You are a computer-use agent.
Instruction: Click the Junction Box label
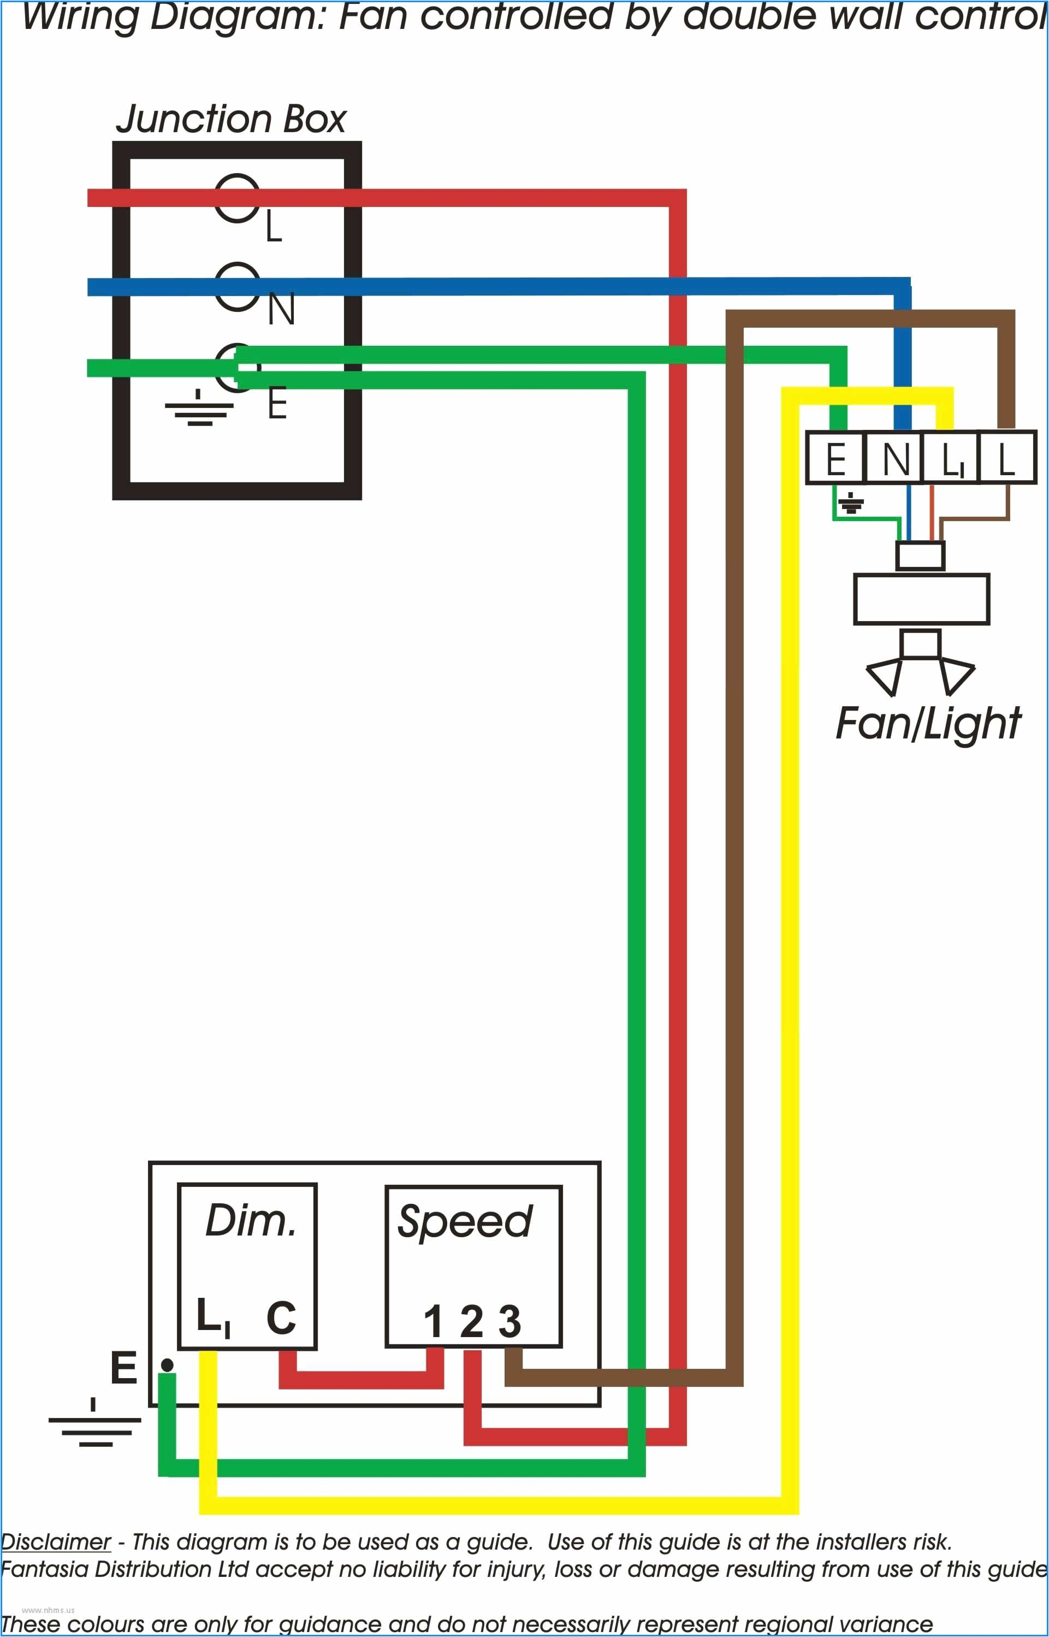coord(231,119)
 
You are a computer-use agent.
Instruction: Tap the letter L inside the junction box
coord(274,226)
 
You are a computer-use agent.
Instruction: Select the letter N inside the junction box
coord(281,309)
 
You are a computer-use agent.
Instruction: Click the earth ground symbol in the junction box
coord(198,408)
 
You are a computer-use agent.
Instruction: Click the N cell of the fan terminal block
coord(895,458)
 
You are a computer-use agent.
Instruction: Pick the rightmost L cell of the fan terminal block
coord(1007,458)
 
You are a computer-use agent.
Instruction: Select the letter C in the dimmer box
coord(281,1317)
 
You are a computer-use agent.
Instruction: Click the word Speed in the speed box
coord(465,1221)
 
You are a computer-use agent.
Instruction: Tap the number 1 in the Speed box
coord(433,1322)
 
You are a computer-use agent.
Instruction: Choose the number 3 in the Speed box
coord(509,1322)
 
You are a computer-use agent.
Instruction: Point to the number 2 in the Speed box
coord(471,1322)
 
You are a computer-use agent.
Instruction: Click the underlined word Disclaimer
coord(56,1541)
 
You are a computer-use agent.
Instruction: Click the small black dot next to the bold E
coord(167,1365)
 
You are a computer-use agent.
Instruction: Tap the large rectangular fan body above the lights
coord(921,599)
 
